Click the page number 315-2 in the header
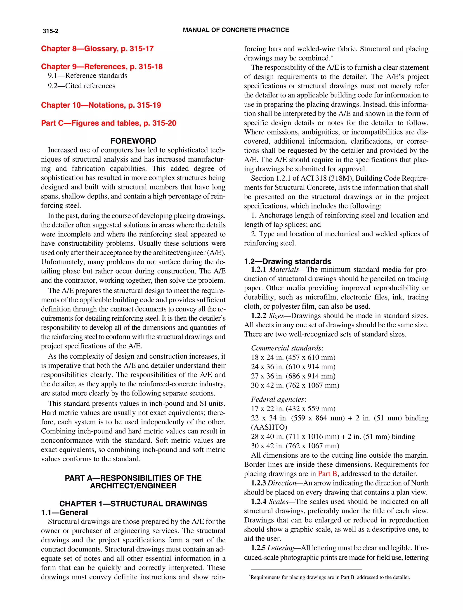[x=50, y=31]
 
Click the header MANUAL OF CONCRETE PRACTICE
[x=236, y=30]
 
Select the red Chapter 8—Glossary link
[x=97, y=49]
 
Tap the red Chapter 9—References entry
[x=102, y=66]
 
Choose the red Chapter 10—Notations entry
[x=101, y=105]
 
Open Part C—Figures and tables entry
[x=108, y=123]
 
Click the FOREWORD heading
[x=133, y=141]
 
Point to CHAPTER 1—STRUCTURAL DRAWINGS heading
[x=133, y=504]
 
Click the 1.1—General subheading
[x=64, y=512]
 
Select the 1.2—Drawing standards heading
[x=287, y=261]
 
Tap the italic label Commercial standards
[x=286, y=348]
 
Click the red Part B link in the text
[x=327, y=473]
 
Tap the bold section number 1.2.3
[x=258, y=483]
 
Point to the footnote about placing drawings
[x=330, y=577]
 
